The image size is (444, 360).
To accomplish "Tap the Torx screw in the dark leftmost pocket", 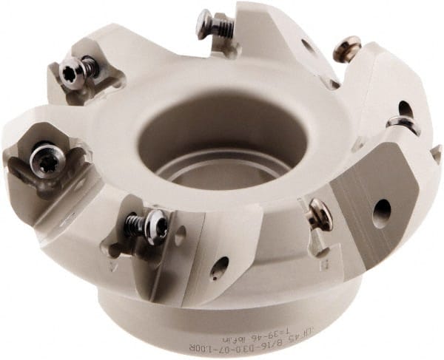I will (47, 163).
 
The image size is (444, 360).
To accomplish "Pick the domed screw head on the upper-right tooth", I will (346, 51).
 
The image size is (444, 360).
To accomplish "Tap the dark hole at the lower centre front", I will (219, 268).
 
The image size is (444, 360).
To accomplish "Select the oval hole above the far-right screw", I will (406, 109).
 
